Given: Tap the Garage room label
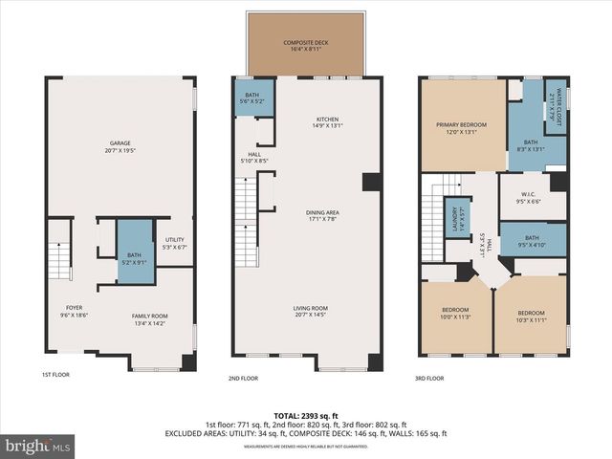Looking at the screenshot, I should pos(120,146).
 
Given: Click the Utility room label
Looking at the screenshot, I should pos(175,243).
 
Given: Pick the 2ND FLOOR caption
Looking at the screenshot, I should pos(243,378).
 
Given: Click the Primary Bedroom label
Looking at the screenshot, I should pos(462,128).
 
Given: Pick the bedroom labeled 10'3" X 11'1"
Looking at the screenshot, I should pos(530,316).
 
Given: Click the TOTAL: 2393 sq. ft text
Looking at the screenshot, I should pos(306,415).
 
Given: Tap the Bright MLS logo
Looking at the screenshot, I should pos(38,445).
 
